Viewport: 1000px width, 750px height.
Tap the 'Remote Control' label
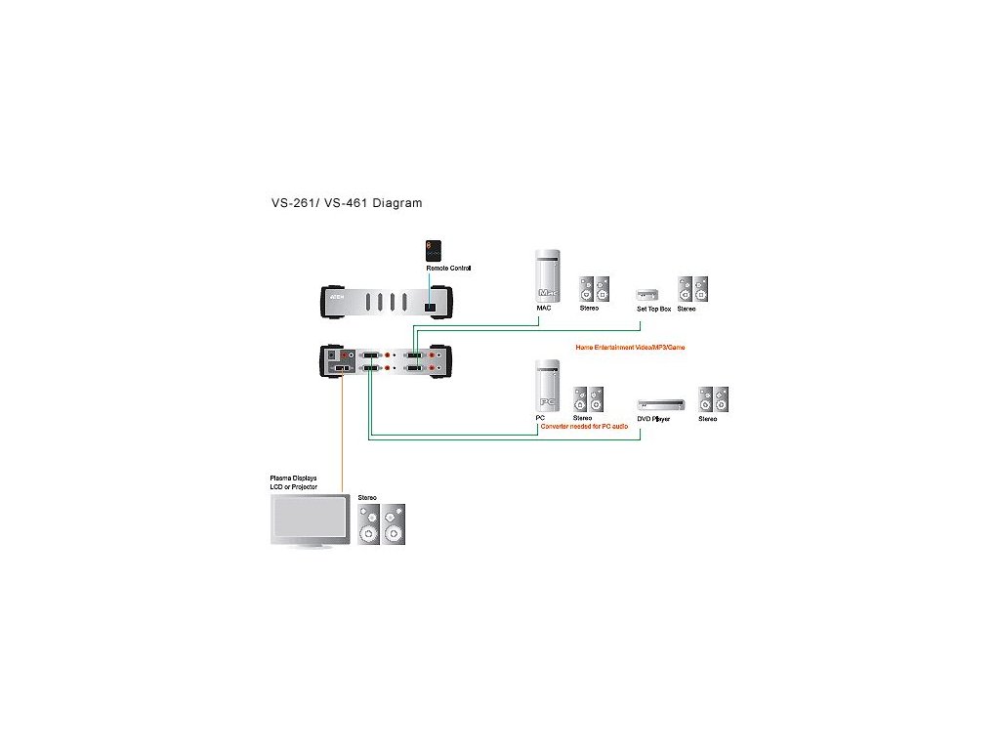coord(449,268)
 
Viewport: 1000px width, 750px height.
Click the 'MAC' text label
coord(544,308)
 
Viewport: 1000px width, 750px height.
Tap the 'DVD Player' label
coord(654,418)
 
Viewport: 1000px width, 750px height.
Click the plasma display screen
coord(308,519)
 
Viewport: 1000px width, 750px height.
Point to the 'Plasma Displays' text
coord(293,479)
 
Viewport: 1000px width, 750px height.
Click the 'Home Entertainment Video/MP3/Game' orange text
coord(630,347)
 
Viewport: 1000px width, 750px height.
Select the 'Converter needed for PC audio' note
coord(584,427)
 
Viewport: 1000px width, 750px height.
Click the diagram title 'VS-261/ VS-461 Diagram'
coord(347,203)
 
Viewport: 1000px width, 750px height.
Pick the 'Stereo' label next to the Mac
coord(589,309)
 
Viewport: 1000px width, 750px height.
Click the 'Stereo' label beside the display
coord(367,497)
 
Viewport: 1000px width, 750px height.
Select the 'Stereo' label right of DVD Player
coord(708,419)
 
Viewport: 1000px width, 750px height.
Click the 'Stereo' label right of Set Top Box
coord(687,309)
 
